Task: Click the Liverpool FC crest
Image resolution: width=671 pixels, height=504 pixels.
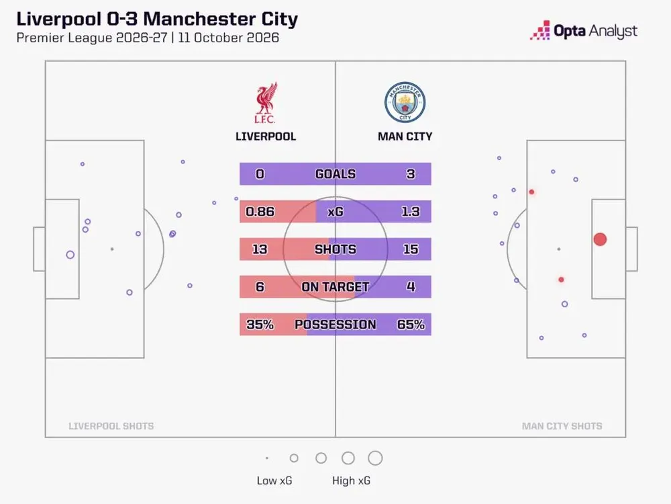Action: (266, 103)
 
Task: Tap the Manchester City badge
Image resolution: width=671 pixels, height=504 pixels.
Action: (405, 102)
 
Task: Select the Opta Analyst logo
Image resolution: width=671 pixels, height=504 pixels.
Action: (584, 31)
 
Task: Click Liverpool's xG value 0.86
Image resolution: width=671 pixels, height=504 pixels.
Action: (260, 212)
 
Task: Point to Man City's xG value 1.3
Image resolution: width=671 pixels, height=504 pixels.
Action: (411, 212)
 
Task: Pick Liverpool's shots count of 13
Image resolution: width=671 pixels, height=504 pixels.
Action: (260, 249)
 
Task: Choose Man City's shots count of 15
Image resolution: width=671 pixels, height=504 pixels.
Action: (411, 249)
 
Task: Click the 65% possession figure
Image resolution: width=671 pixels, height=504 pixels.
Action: (411, 325)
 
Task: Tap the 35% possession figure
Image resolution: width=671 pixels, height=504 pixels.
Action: (260, 325)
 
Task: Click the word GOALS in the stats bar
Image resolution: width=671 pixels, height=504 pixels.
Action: (335, 174)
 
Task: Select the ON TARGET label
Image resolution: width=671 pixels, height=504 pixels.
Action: (335, 287)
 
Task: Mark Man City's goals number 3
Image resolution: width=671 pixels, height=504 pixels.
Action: (411, 174)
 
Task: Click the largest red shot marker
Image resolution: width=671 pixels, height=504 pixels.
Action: (600, 239)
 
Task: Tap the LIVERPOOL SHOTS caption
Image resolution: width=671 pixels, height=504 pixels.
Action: (111, 426)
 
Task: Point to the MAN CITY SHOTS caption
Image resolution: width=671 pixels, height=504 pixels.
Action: (562, 426)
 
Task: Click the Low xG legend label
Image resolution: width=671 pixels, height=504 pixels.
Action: (274, 481)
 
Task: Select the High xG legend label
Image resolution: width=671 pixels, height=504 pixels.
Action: (352, 481)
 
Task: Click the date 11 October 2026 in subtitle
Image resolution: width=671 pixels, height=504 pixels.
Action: (229, 38)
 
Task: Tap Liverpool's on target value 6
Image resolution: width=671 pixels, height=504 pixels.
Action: (260, 287)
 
